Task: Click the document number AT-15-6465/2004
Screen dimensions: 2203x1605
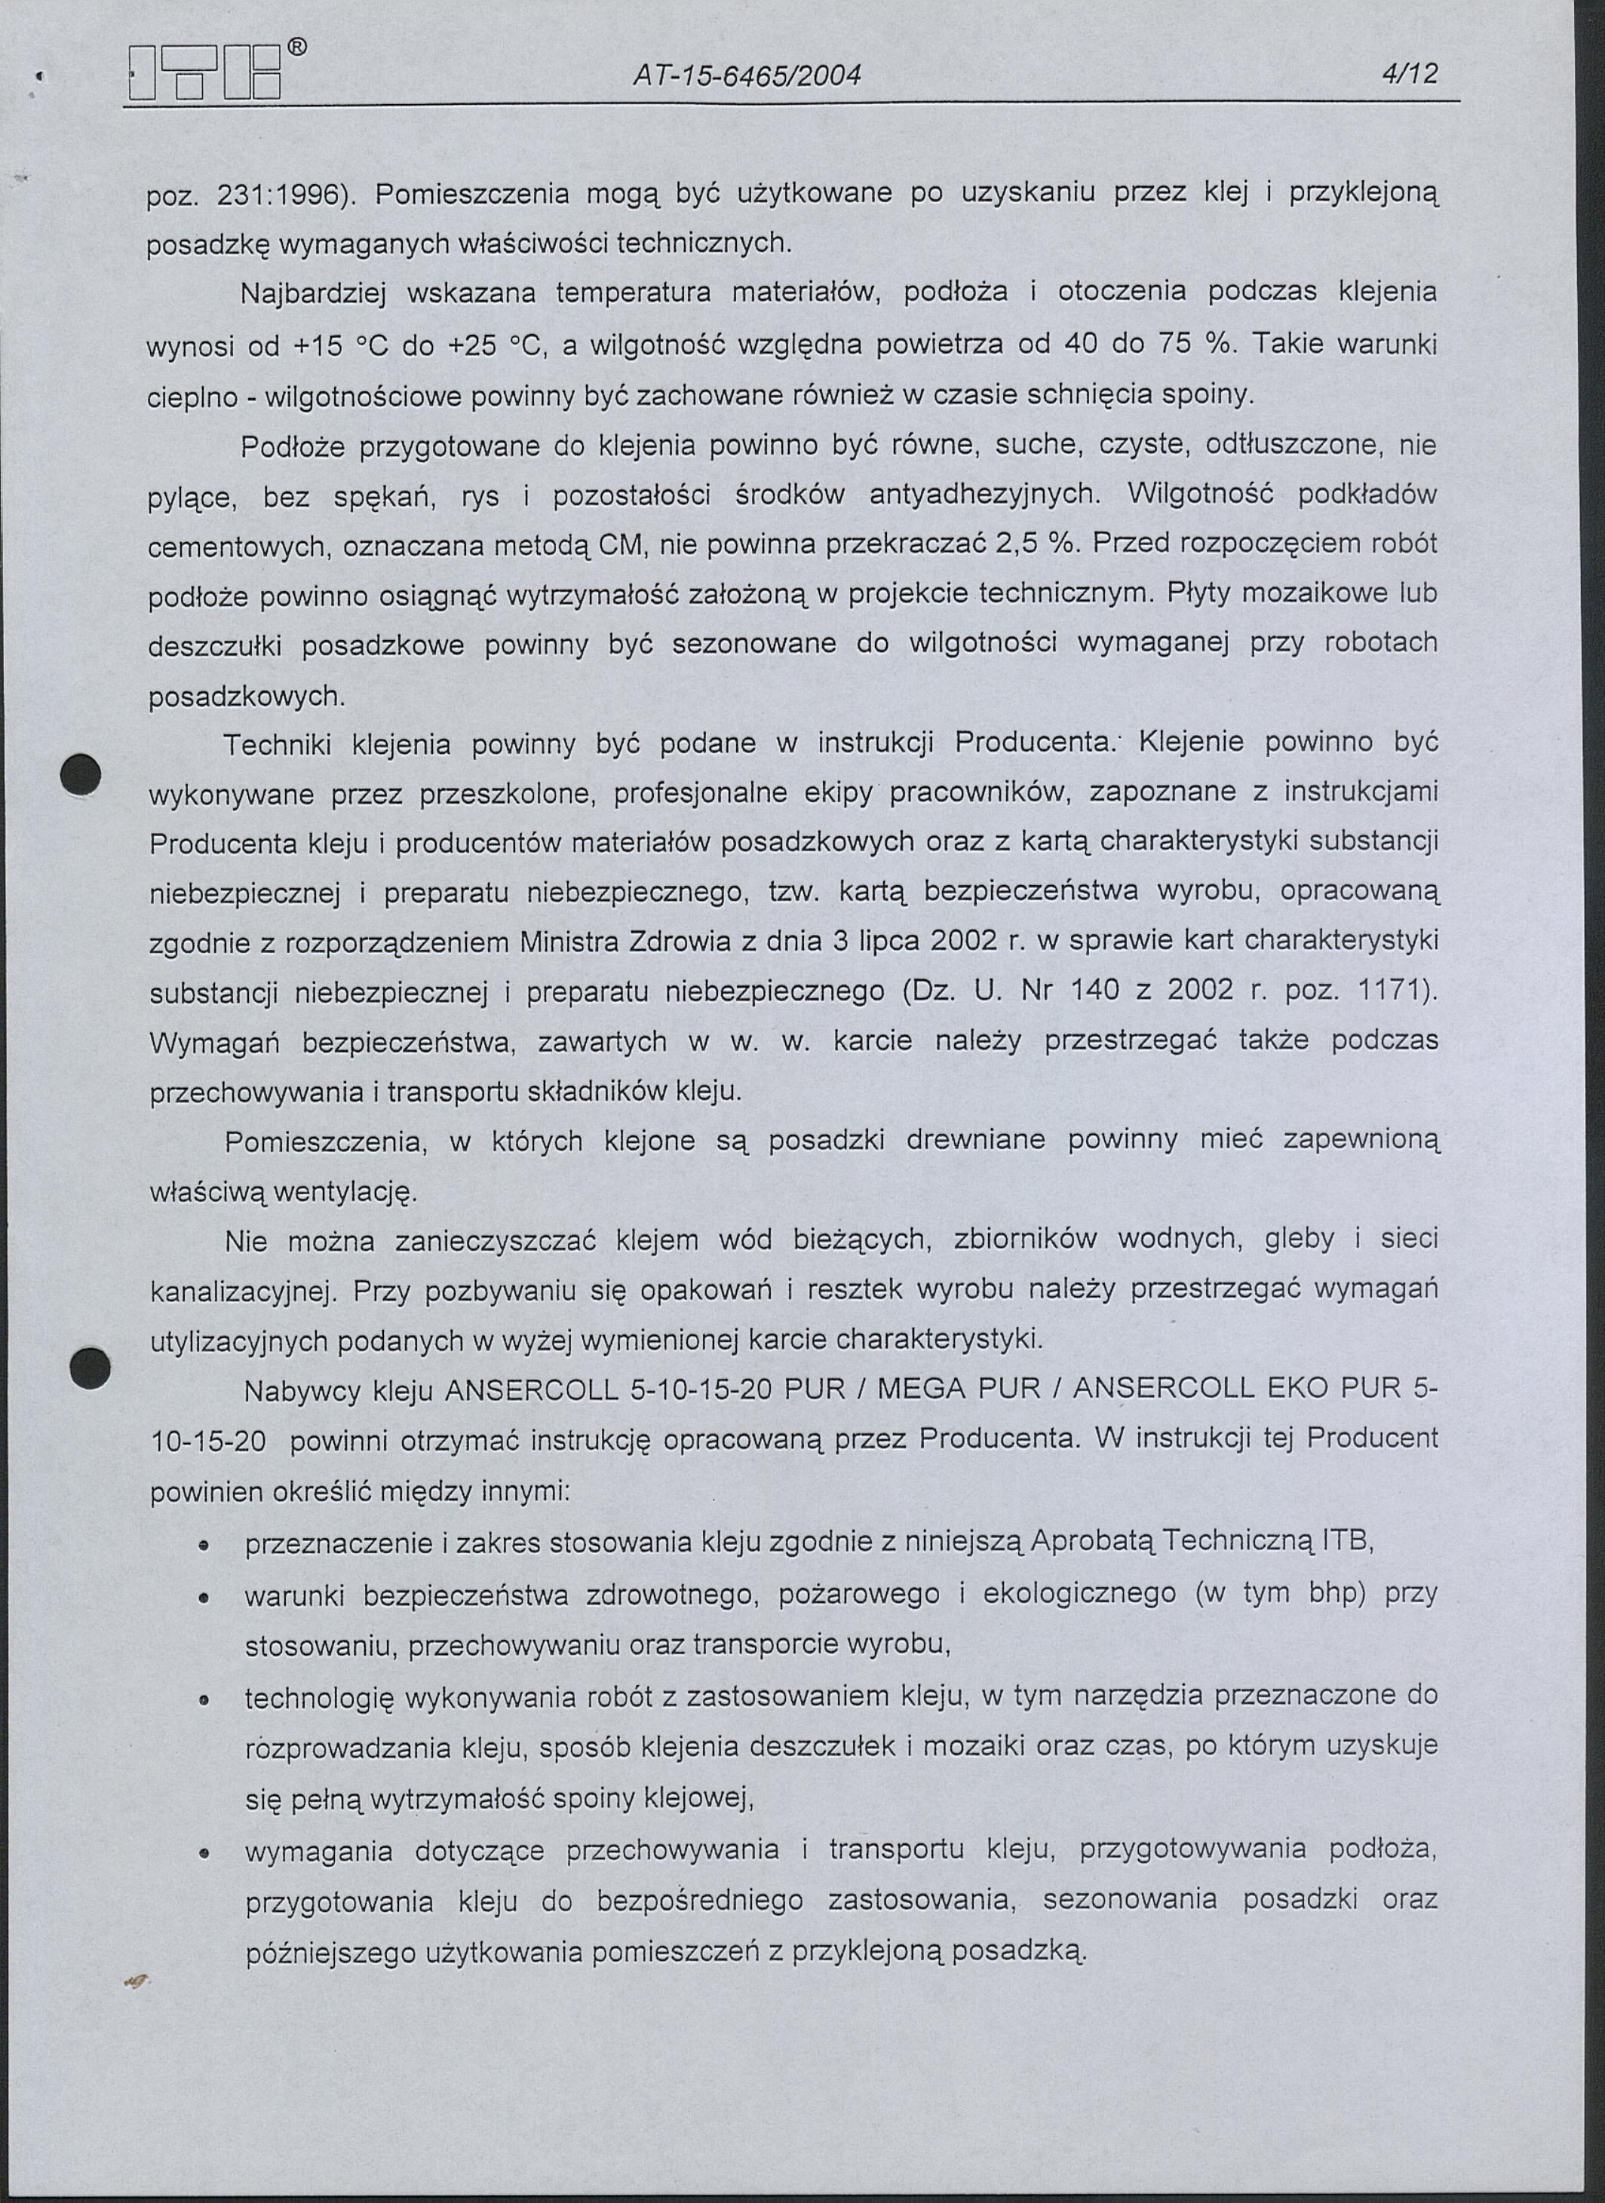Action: (746, 75)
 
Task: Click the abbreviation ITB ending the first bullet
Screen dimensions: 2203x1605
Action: (1343, 1543)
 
